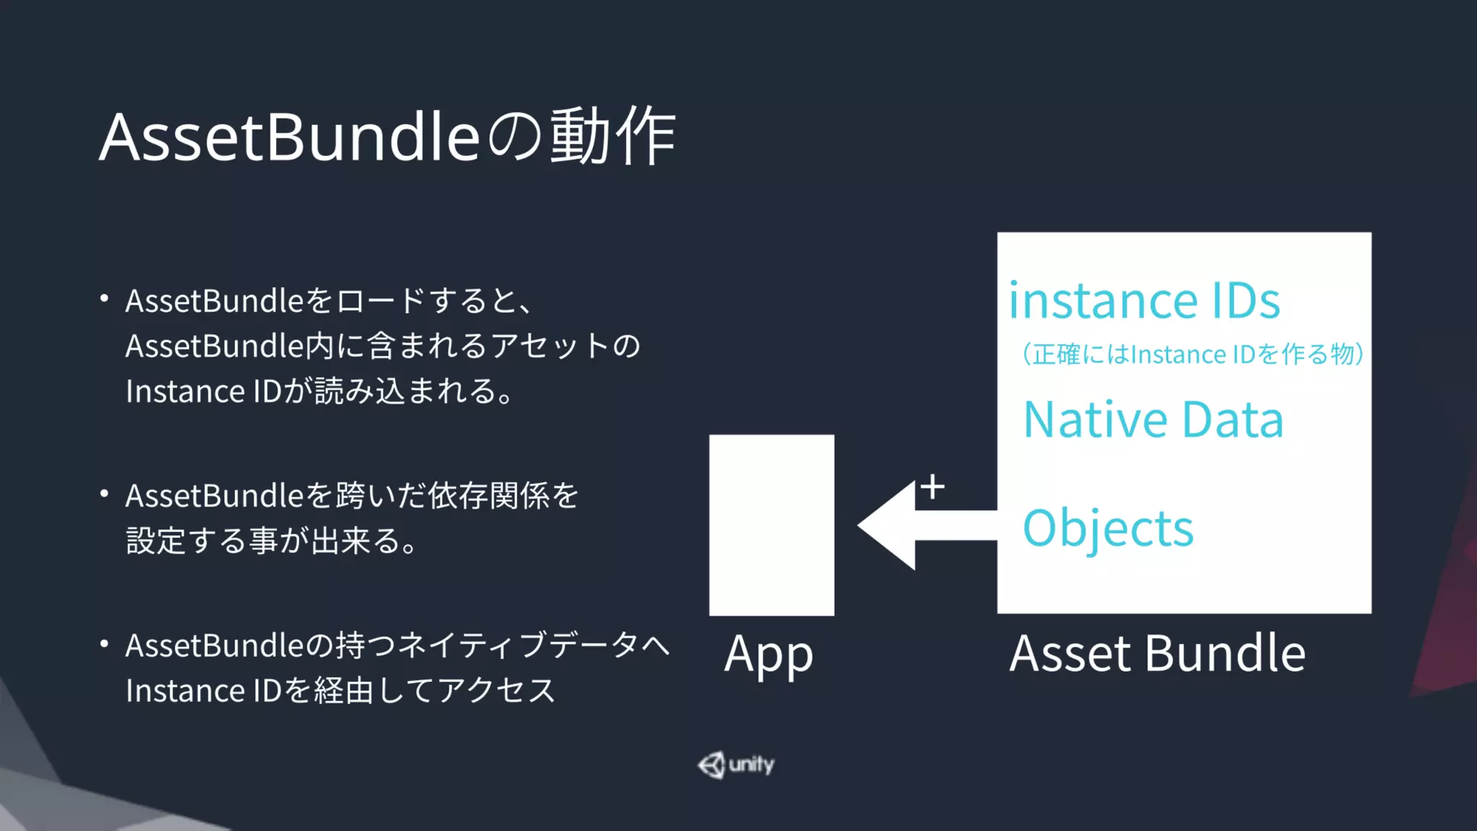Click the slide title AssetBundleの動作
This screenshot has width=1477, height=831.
(x=387, y=137)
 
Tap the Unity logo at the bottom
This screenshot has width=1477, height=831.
(x=736, y=765)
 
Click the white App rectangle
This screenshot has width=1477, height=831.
(x=772, y=524)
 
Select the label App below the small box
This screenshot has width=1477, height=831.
(x=769, y=655)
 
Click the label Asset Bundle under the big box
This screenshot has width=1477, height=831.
(x=1157, y=654)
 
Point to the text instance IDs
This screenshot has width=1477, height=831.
(x=1144, y=300)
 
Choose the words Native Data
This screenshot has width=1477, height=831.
(x=1153, y=420)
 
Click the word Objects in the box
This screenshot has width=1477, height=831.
(x=1108, y=528)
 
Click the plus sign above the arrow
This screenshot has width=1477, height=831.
(x=933, y=487)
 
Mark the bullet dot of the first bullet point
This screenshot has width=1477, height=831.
(x=105, y=298)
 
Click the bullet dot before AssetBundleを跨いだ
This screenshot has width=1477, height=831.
(x=105, y=494)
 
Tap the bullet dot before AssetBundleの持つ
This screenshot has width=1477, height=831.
(x=105, y=643)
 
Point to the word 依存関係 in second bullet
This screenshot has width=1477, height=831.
(x=488, y=496)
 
